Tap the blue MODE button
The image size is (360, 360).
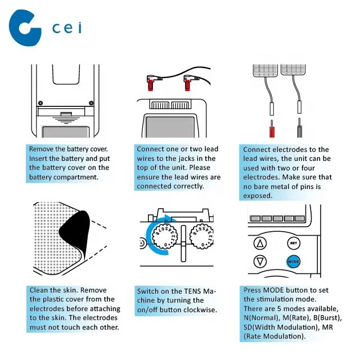pyautogui.click(x=294, y=262)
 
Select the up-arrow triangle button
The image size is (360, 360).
pyautogui.click(x=260, y=243)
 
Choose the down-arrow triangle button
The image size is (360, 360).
pyautogui.click(x=260, y=261)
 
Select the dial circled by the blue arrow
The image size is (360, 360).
pyautogui.click(x=165, y=236)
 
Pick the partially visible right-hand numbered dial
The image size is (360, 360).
pyautogui.click(x=201, y=236)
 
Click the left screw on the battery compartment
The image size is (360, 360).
pyautogui.click(x=40, y=102)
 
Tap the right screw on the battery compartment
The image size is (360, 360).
pyautogui.click(x=91, y=103)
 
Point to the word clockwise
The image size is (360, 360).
pyautogui.click(x=200, y=310)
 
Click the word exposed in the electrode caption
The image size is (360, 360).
pyautogui.click(x=258, y=196)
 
